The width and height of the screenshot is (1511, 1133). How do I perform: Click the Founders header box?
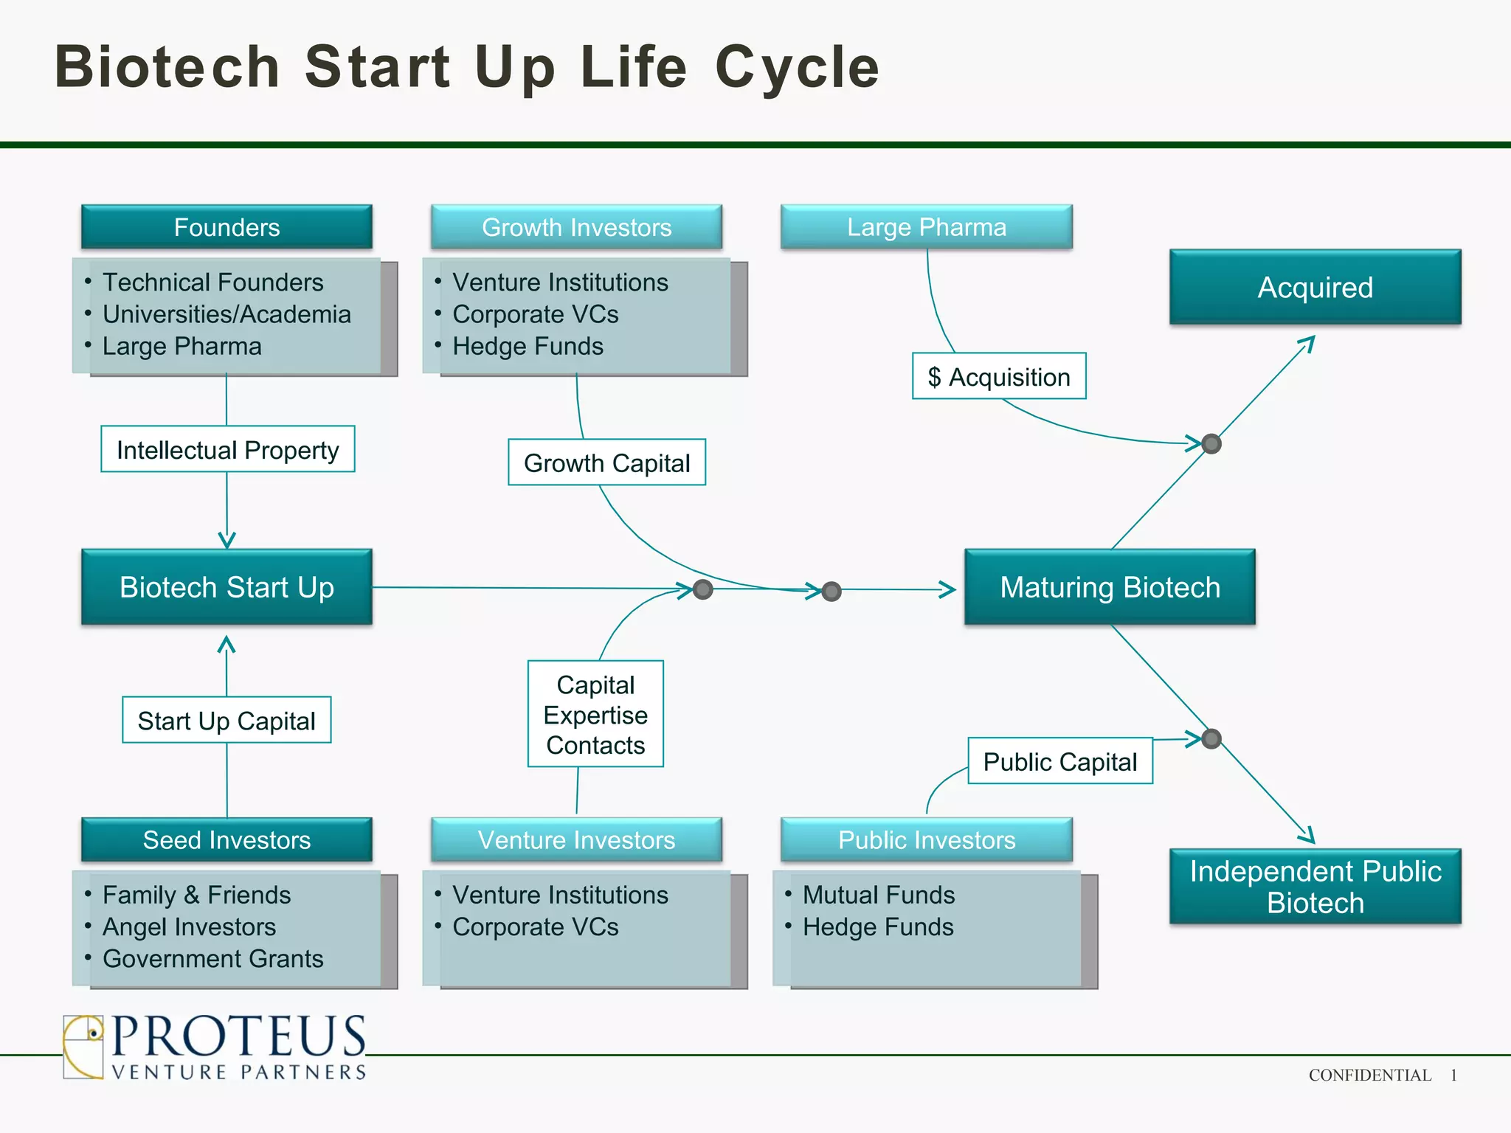pyautogui.click(x=227, y=227)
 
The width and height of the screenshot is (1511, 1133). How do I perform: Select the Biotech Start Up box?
pyautogui.click(x=227, y=587)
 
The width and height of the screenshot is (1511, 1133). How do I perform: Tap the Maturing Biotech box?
pyautogui.click(x=1110, y=587)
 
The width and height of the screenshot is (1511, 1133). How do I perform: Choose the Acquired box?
pyautogui.click(x=1315, y=287)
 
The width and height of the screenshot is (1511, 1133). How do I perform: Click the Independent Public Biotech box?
pyautogui.click(x=1315, y=887)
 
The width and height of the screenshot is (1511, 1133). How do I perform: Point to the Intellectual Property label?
pyautogui.click(x=227, y=449)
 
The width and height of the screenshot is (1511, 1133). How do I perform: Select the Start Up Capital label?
pyautogui.click(x=227, y=720)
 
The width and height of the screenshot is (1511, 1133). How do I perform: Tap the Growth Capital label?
pyautogui.click(x=606, y=462)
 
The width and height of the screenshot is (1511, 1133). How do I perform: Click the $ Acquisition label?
pyautogui.click(x=999, y=376)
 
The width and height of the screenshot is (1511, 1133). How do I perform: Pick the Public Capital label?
pyautogui.click(x=1060, y=761)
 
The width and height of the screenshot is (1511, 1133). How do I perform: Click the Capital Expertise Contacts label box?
pyautogui.click(x=595, y=714)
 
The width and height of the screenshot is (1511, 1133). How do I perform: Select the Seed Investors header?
pyautogui.click(x=227, y=839)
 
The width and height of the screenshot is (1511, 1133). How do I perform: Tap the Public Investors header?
pyautogui.click(x=927, y=839)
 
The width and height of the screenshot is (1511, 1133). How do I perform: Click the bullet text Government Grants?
pyautogui.click(x=212, y=958)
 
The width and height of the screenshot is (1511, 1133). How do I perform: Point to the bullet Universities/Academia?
pyautogui.click(x=227, y=314)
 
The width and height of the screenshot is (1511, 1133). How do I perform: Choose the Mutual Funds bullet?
pyautogui.click(x=878, y=895)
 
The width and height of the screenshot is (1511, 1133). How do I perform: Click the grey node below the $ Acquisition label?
pyautogui.click(x=1211, y=443)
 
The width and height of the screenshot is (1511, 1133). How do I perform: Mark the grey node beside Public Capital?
pyautogui.click(x=1211, y=738)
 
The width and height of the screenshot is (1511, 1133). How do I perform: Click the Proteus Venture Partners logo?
pyautogui.click(x=214, y=1047)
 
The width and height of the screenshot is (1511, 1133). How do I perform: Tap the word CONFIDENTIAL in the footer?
pyautogui.click(x=1369, y=1075)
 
